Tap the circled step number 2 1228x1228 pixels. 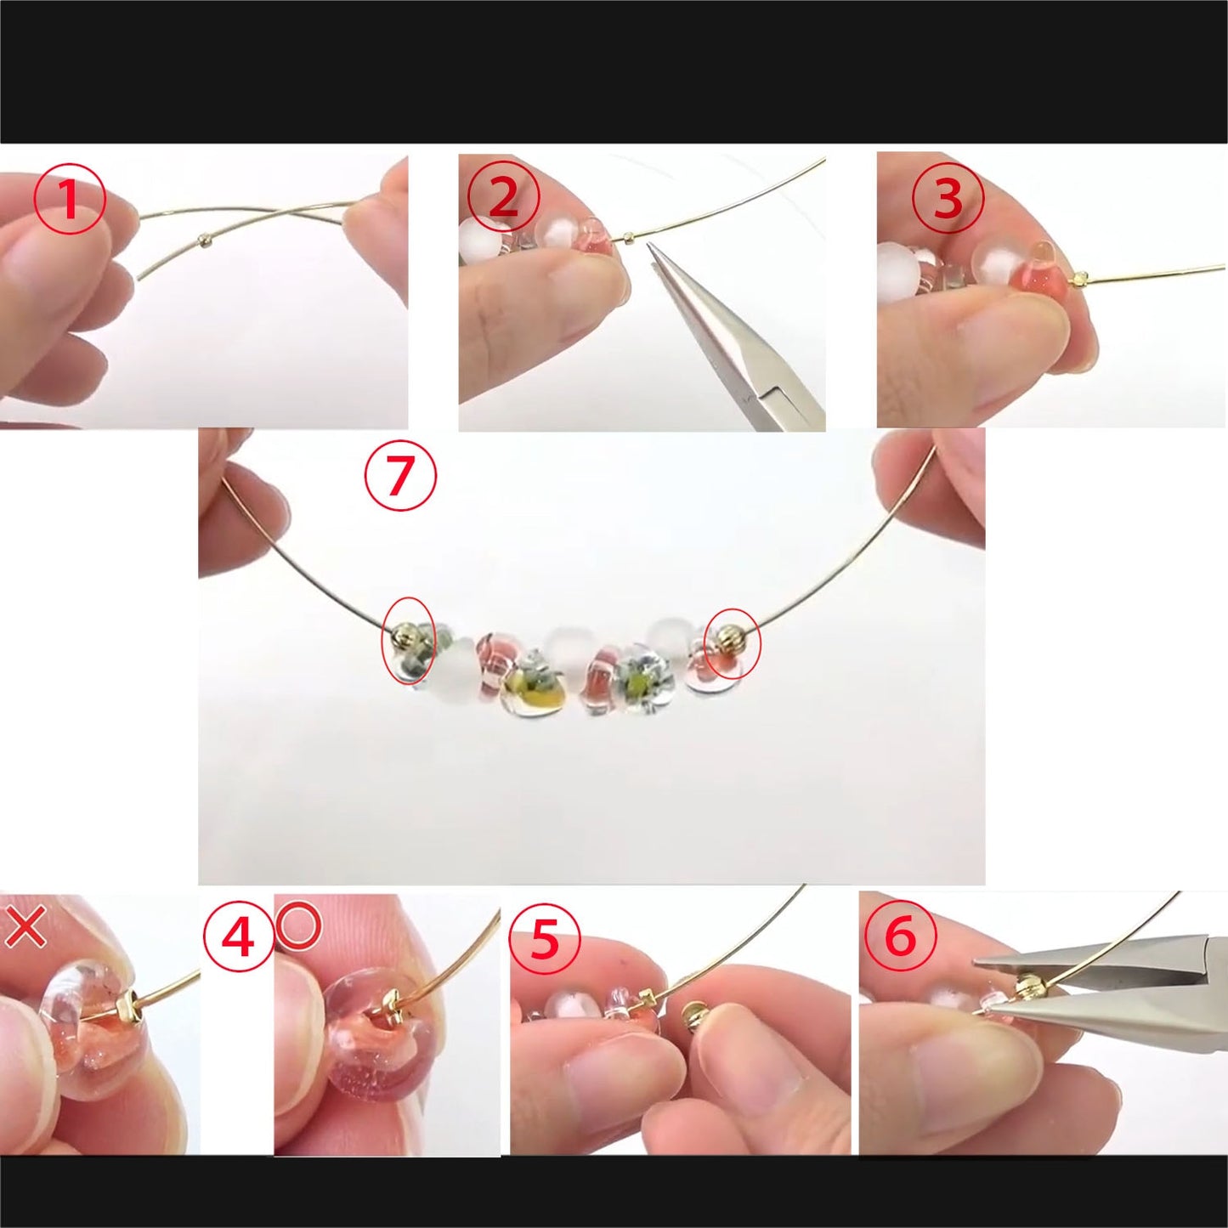[x=503, y=197]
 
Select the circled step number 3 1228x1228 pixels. [x=948, y=199]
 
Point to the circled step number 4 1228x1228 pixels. [x=238, y=937]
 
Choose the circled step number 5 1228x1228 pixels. [x=544, y=939]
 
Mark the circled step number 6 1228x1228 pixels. [x=900, y=936]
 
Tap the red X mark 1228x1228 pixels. [x=25, y=927]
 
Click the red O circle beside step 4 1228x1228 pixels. [x=298, y=926]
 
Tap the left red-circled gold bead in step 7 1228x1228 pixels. [x=405, y=635]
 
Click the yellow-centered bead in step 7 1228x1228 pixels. [x=521, y=689]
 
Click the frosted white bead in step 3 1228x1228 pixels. [x=898, y=270]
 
